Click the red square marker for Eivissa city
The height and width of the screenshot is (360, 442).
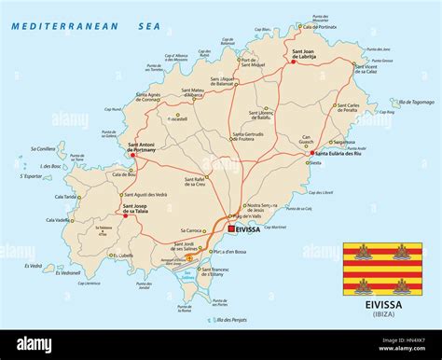click(x=231, y=227)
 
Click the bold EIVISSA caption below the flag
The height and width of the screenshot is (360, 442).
click(x=382, y=303)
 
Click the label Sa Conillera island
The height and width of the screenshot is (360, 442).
click(x=43, y=148)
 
